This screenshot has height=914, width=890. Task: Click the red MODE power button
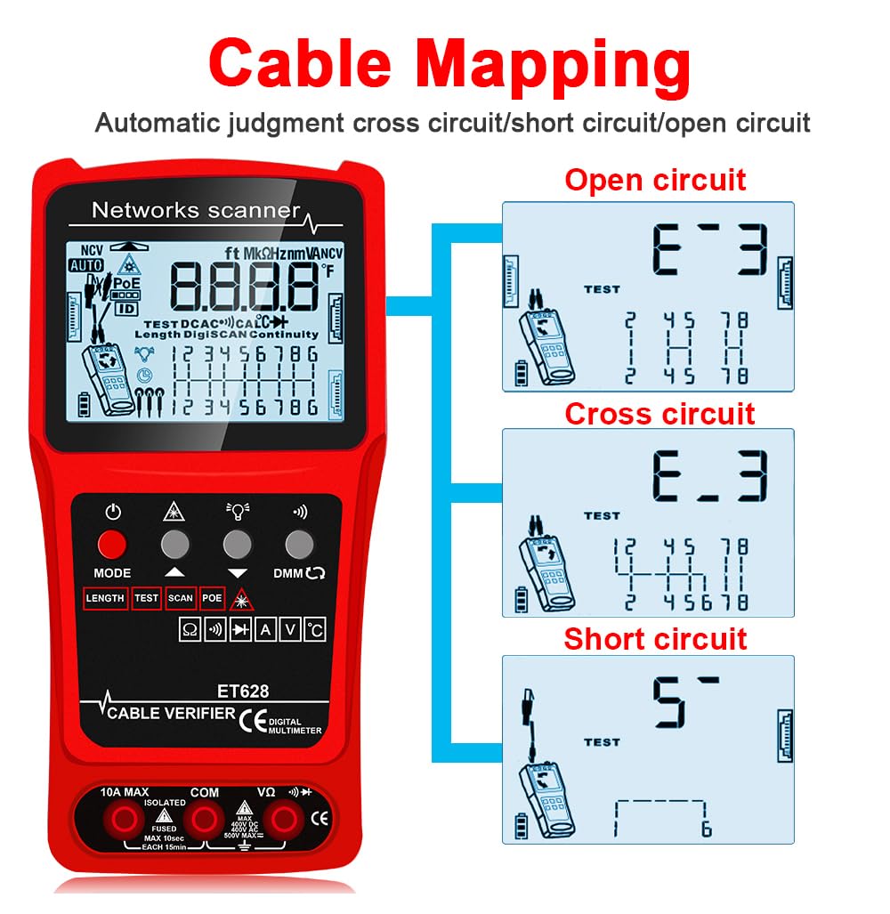pyautogui.click(x=112, y=544)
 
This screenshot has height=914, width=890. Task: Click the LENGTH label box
pyautogui.click(x=105, y=598)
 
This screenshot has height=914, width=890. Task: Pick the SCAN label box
pyautogui.click(x=180, y=598)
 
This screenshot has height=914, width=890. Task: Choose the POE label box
pyautogui.click(x=212, y=598)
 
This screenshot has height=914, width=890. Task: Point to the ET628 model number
pyautogui.click(x=243, y=690)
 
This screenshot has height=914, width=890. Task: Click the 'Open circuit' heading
pyautogui.click(x=655, y=180)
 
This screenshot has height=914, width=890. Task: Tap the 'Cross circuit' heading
pyautogui.click(x=659, y=414)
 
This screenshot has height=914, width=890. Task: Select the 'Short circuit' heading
pyautogui.click(x=655, y=639)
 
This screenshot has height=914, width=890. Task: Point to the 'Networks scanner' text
pyautogui.click(x=196, y=211)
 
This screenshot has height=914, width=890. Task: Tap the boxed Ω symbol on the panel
pyautogui.click(x=190, y=631)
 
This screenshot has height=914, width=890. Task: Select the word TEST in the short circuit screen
pyautogui.click(x=602, y=742)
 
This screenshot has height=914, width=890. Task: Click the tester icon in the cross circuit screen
pyautogui.click(x=541, y=572)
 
